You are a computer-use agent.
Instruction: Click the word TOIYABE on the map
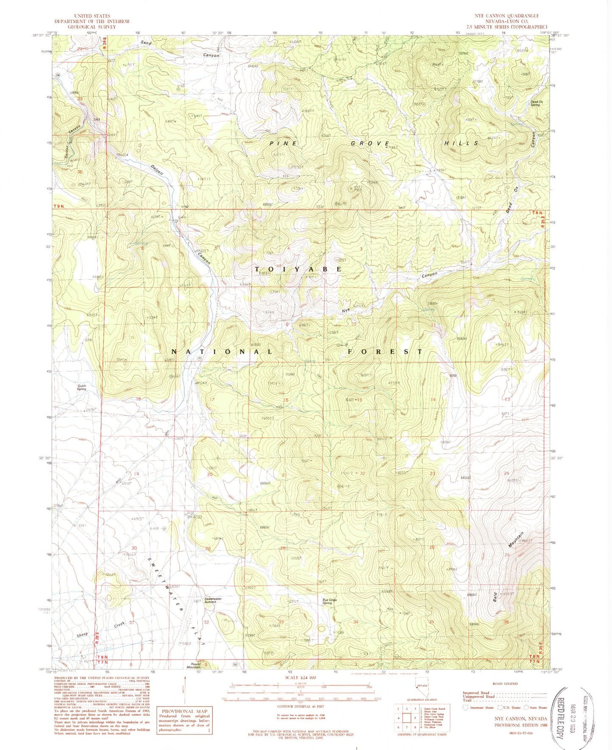(x=298, y=269)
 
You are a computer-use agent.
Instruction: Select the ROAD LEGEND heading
(x=504, y=684)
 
